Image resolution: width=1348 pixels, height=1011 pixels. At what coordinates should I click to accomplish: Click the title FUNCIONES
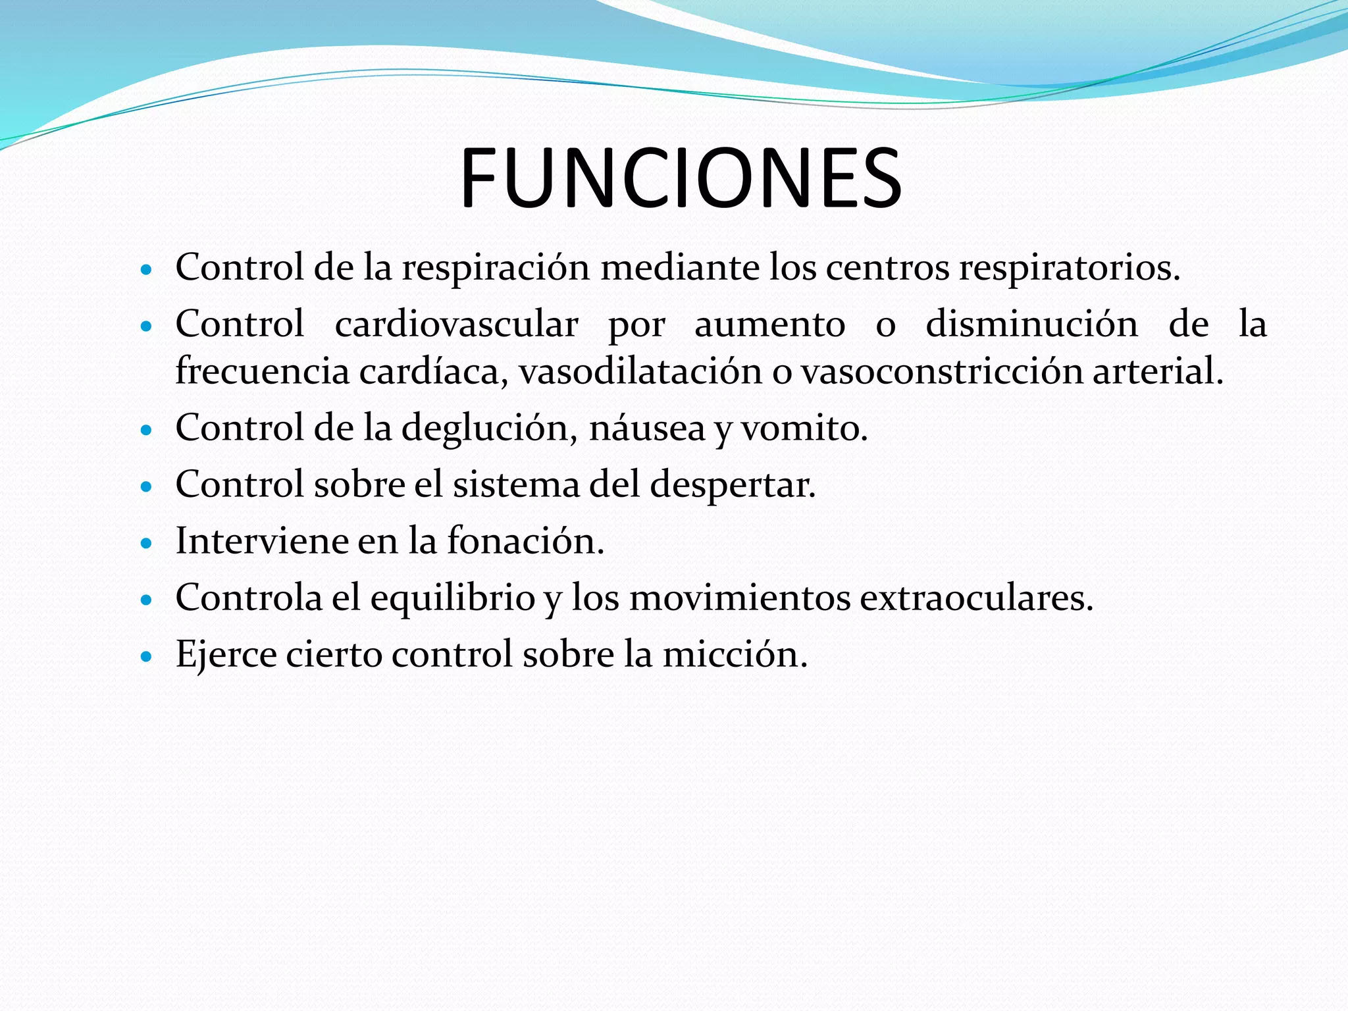point(681,178)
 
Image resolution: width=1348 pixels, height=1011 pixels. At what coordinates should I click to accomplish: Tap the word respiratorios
point(1069,269)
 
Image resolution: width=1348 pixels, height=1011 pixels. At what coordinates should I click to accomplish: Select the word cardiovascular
point(456,324)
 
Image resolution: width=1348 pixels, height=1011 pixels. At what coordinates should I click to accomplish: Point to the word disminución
point(1031,324)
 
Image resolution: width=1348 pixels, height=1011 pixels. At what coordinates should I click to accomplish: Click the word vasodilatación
point(640,371)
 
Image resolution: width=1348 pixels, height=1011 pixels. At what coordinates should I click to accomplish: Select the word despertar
point(733,485)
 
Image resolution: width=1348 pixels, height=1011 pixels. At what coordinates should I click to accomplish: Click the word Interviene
point(261,541)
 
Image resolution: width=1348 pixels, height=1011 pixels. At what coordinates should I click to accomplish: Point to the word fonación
point(525,541)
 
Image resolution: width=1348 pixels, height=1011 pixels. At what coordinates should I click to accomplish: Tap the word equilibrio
point(452,598)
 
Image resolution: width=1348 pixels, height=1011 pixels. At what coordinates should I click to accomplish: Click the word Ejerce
point(226,655)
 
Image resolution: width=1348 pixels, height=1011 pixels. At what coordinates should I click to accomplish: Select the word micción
point(735,655)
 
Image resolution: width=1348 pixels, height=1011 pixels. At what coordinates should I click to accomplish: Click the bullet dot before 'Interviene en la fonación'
point(147,543)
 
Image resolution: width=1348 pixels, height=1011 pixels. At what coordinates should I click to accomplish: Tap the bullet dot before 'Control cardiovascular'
point(147,326)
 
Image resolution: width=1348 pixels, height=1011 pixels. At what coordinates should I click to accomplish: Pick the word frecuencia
point(262,371)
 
